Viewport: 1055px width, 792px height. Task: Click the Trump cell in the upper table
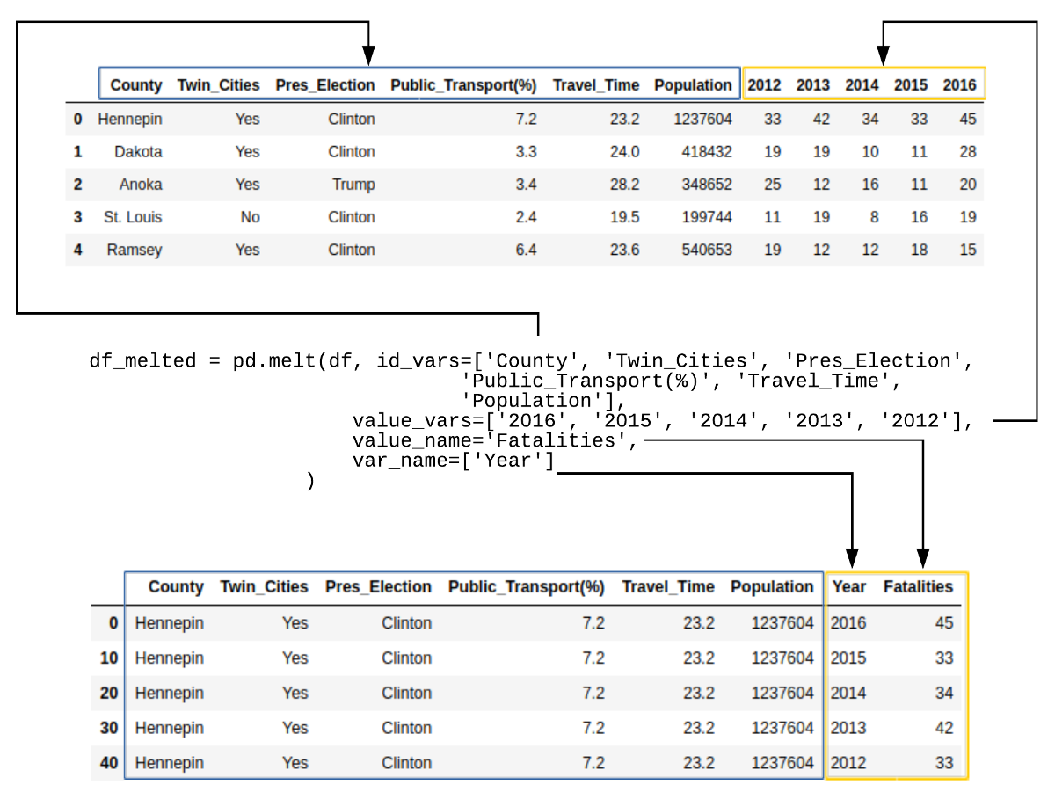[x=353, y=185]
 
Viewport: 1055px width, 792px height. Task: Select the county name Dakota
[x=138, y=152]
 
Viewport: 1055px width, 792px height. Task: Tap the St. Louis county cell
[x=133, y=217]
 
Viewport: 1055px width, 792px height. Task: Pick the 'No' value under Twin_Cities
[x=250, y=217]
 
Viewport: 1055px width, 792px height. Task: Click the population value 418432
[x=707, y=152]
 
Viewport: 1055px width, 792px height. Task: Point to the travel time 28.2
[x=624, y=185]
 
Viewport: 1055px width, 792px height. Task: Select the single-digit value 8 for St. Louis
[x=874, y=217]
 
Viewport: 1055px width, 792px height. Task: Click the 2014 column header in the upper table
[x=862, y=85]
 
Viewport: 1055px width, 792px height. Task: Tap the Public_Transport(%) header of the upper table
[x=463, y=85]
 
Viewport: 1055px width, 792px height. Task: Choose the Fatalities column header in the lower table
[x=918, y=587]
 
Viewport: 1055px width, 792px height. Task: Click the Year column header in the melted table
[x=848, y=587]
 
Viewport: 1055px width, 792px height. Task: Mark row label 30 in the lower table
[x=109, y=728]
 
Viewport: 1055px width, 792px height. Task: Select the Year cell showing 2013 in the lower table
[x=848, y=728]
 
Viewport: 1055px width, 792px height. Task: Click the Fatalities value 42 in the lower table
[x=944, y=728]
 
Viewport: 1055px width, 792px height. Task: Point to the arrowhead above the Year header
[x=852, y=558]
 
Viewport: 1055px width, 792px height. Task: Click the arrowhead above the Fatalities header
[x=923, y=558]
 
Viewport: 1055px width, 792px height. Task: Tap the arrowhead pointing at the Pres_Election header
[x=368, y=55]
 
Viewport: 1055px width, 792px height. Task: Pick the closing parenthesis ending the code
[x=310, y=481]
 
